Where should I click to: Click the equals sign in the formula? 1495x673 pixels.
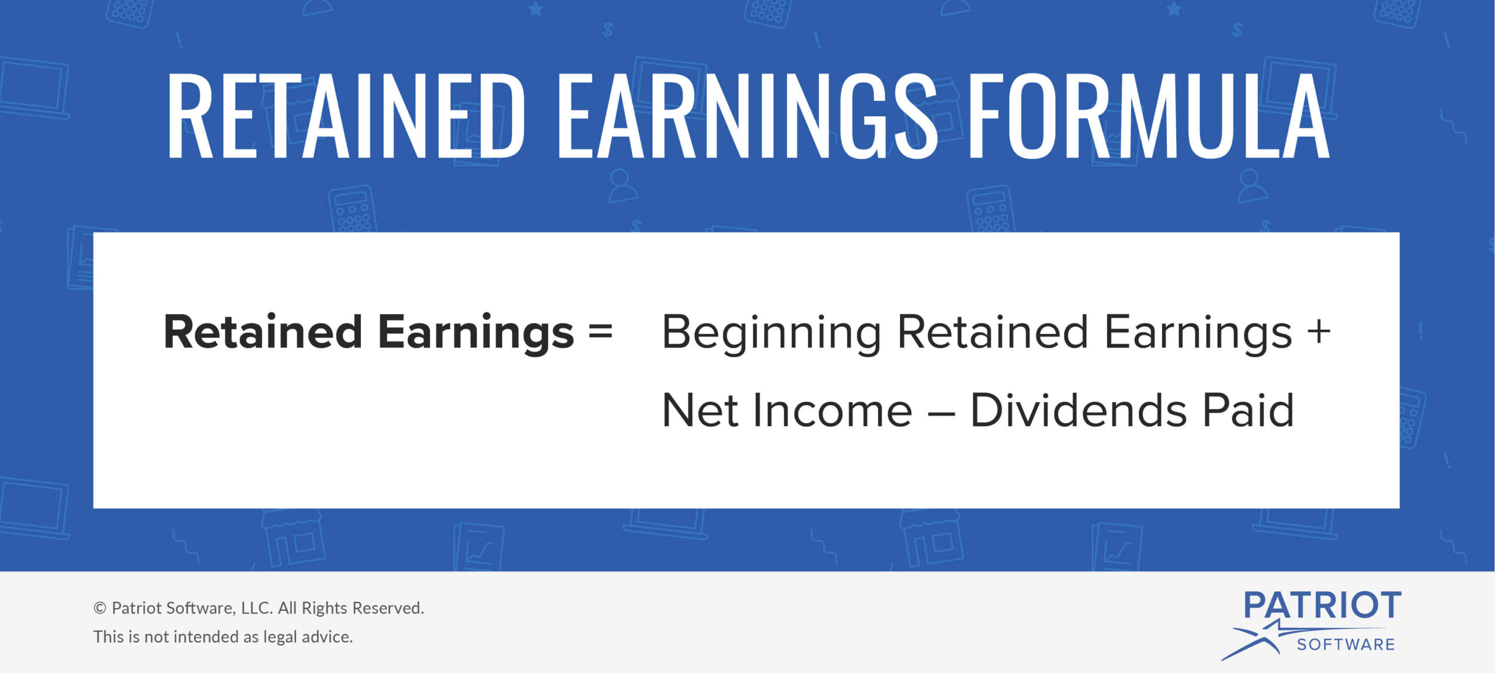600,332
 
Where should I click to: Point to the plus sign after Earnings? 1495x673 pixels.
1319,332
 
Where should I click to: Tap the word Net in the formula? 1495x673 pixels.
700,410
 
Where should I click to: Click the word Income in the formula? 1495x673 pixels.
832,410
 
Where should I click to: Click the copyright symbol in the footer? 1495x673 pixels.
100,608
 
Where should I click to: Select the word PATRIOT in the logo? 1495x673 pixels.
1322,605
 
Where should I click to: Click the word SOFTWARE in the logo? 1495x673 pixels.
1345,644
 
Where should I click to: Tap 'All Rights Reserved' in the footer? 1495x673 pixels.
351,608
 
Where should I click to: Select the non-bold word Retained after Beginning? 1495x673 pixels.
992,332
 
